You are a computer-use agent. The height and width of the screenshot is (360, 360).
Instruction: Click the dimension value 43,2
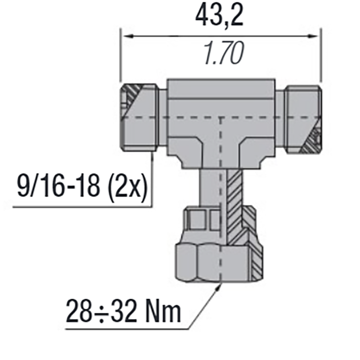pyautogui.click(x=219, y=17)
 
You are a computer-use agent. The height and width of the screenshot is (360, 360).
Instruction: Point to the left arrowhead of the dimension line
pyautogui.click(x=124, y=35)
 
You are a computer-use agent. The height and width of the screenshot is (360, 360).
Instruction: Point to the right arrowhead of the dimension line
pyautogui.click(x=316, y=35)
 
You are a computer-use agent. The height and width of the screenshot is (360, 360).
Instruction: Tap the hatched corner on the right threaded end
pyautogui.click(x=311, y=139)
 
